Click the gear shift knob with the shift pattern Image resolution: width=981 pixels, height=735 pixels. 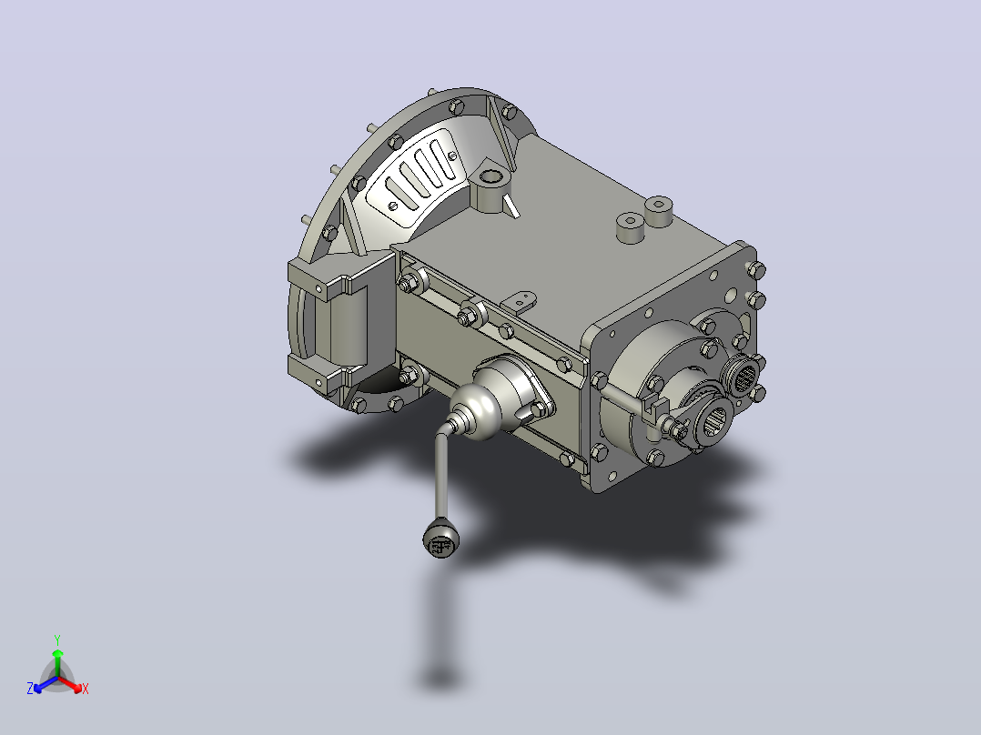tap(441, 539)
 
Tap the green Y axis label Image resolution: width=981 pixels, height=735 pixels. tap(57, 639)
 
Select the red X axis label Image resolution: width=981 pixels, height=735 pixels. tap(86, 689)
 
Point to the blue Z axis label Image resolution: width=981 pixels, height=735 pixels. tap(30, 688)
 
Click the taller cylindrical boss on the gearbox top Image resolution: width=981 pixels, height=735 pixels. tap(658, 211)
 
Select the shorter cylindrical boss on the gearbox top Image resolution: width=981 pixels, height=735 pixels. tap(630, 227)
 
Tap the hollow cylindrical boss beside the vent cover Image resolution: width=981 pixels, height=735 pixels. tap(490, 188)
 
